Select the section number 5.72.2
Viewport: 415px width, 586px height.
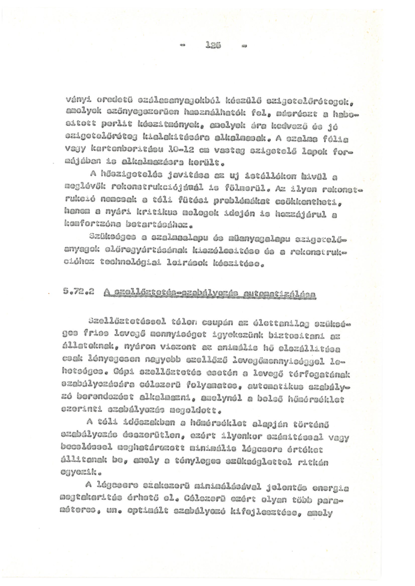78,292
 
